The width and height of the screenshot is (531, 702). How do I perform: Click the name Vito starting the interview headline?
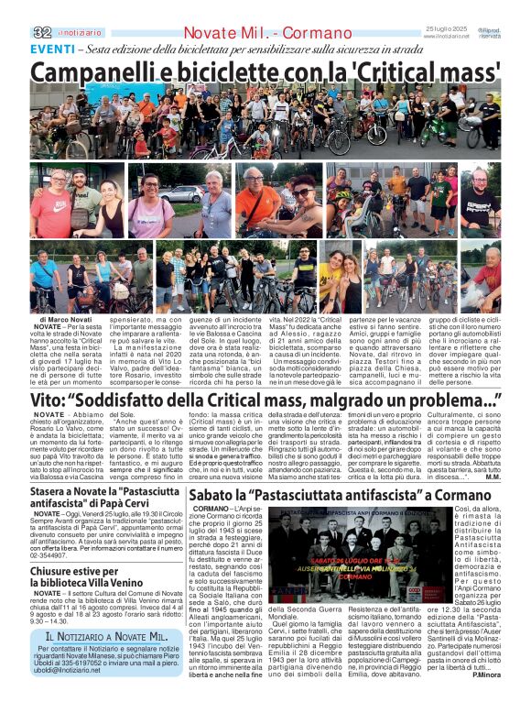49,400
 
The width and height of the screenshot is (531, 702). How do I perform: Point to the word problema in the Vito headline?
436,400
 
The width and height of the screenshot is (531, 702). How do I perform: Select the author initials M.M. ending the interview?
493,477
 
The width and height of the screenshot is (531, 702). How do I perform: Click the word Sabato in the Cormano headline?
217,497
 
